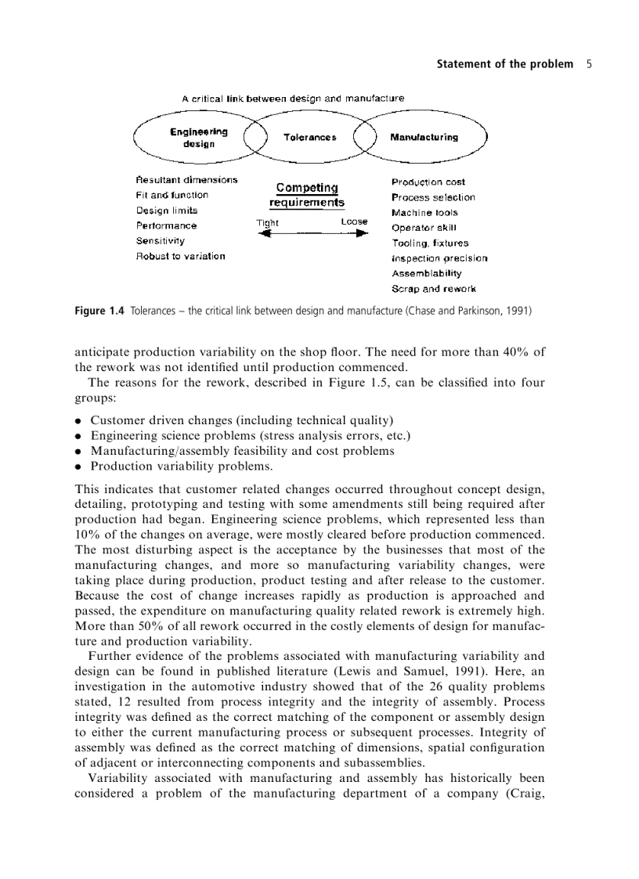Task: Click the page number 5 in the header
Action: (588, 64)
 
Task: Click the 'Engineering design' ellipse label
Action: (198, 138)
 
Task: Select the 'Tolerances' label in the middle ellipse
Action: (310, 137)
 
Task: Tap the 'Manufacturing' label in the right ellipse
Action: (424, 137)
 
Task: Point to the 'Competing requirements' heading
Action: (307, 195)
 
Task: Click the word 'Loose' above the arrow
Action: (354, 222)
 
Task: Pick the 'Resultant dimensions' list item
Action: (186, 180)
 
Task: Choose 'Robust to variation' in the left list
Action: (180, 256)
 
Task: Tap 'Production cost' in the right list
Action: (428, 182)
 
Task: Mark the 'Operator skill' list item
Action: (424, 228)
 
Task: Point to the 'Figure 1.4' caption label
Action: (99, 311)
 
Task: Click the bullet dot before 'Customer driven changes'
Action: (79, 420)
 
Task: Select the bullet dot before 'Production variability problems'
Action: (79, 467)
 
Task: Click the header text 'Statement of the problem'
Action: (504, 64)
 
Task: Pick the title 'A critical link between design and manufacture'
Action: (293, 99)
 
